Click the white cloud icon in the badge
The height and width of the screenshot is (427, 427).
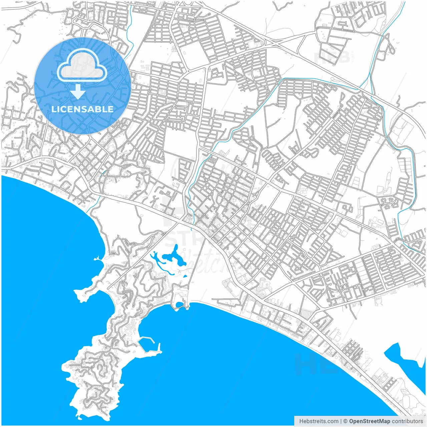coord(82,65)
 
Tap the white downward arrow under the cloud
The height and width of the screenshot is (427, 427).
coord(78,92)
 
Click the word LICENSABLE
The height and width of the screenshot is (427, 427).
coord(82,109)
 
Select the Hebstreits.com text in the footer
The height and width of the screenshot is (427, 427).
coord(319,421)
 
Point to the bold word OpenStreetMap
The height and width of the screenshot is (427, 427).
coord(369,421)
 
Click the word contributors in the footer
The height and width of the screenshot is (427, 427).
coord(407,421)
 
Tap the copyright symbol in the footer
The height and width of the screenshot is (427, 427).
coord(346,421)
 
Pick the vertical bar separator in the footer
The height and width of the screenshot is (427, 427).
coord(341,421)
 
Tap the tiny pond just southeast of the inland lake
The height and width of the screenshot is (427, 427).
coord(184,276)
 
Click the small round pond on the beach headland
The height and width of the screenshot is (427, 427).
coord(179,304)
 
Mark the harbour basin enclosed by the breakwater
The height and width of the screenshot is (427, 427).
coord(147,344)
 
